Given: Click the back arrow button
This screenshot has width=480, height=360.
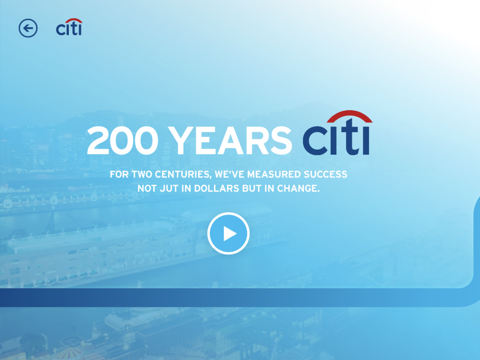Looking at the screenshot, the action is coord(28,28).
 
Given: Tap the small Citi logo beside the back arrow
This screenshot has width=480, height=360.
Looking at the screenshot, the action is coord(69,27).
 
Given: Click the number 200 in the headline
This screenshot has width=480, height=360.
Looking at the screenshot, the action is coord(123,141).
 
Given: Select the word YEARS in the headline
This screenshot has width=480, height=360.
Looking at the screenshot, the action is coord(230,141).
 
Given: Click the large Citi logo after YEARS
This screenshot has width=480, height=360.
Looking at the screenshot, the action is coord(337,133).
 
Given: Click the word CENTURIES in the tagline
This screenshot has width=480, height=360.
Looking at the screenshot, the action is coord(183,175).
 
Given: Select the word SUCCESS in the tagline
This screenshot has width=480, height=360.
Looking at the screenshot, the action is coord(325,174).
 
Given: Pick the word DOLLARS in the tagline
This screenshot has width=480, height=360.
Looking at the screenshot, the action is coord(217,188).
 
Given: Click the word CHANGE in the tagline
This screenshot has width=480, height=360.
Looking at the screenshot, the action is coord(298,188).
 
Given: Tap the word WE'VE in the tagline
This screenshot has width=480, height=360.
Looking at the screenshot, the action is coord(229,174).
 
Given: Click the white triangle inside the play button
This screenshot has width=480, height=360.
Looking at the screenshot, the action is coord(229,233).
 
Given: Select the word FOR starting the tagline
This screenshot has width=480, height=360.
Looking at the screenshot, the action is coord(119,174).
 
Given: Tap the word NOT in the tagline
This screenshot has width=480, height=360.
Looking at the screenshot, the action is coord(147,188).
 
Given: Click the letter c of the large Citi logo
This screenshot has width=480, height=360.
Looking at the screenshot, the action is coord(314,141).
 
